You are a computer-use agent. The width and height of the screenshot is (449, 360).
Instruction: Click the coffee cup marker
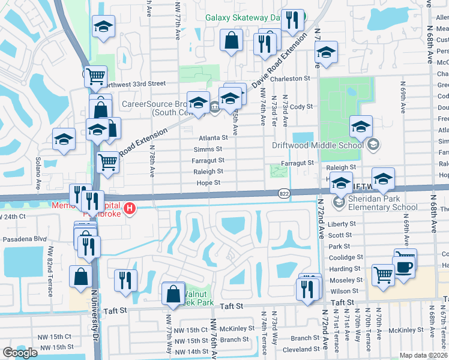click(x=404, y=266)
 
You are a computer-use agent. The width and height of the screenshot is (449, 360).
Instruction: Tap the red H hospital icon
click(x=130, y=209)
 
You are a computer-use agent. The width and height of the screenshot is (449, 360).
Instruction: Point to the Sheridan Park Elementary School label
click(x=375, y=203)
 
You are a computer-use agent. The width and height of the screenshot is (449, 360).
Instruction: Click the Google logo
click(x=20, y=353)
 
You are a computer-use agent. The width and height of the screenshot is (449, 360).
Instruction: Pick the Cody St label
click(x=301, y=106)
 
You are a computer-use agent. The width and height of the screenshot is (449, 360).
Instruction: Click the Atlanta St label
click(x=211, y=137)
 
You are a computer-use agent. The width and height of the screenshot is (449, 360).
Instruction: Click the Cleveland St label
click(x=301, y=349)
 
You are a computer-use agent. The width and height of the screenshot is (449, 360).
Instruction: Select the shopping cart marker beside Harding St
click(x=382, y=275)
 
